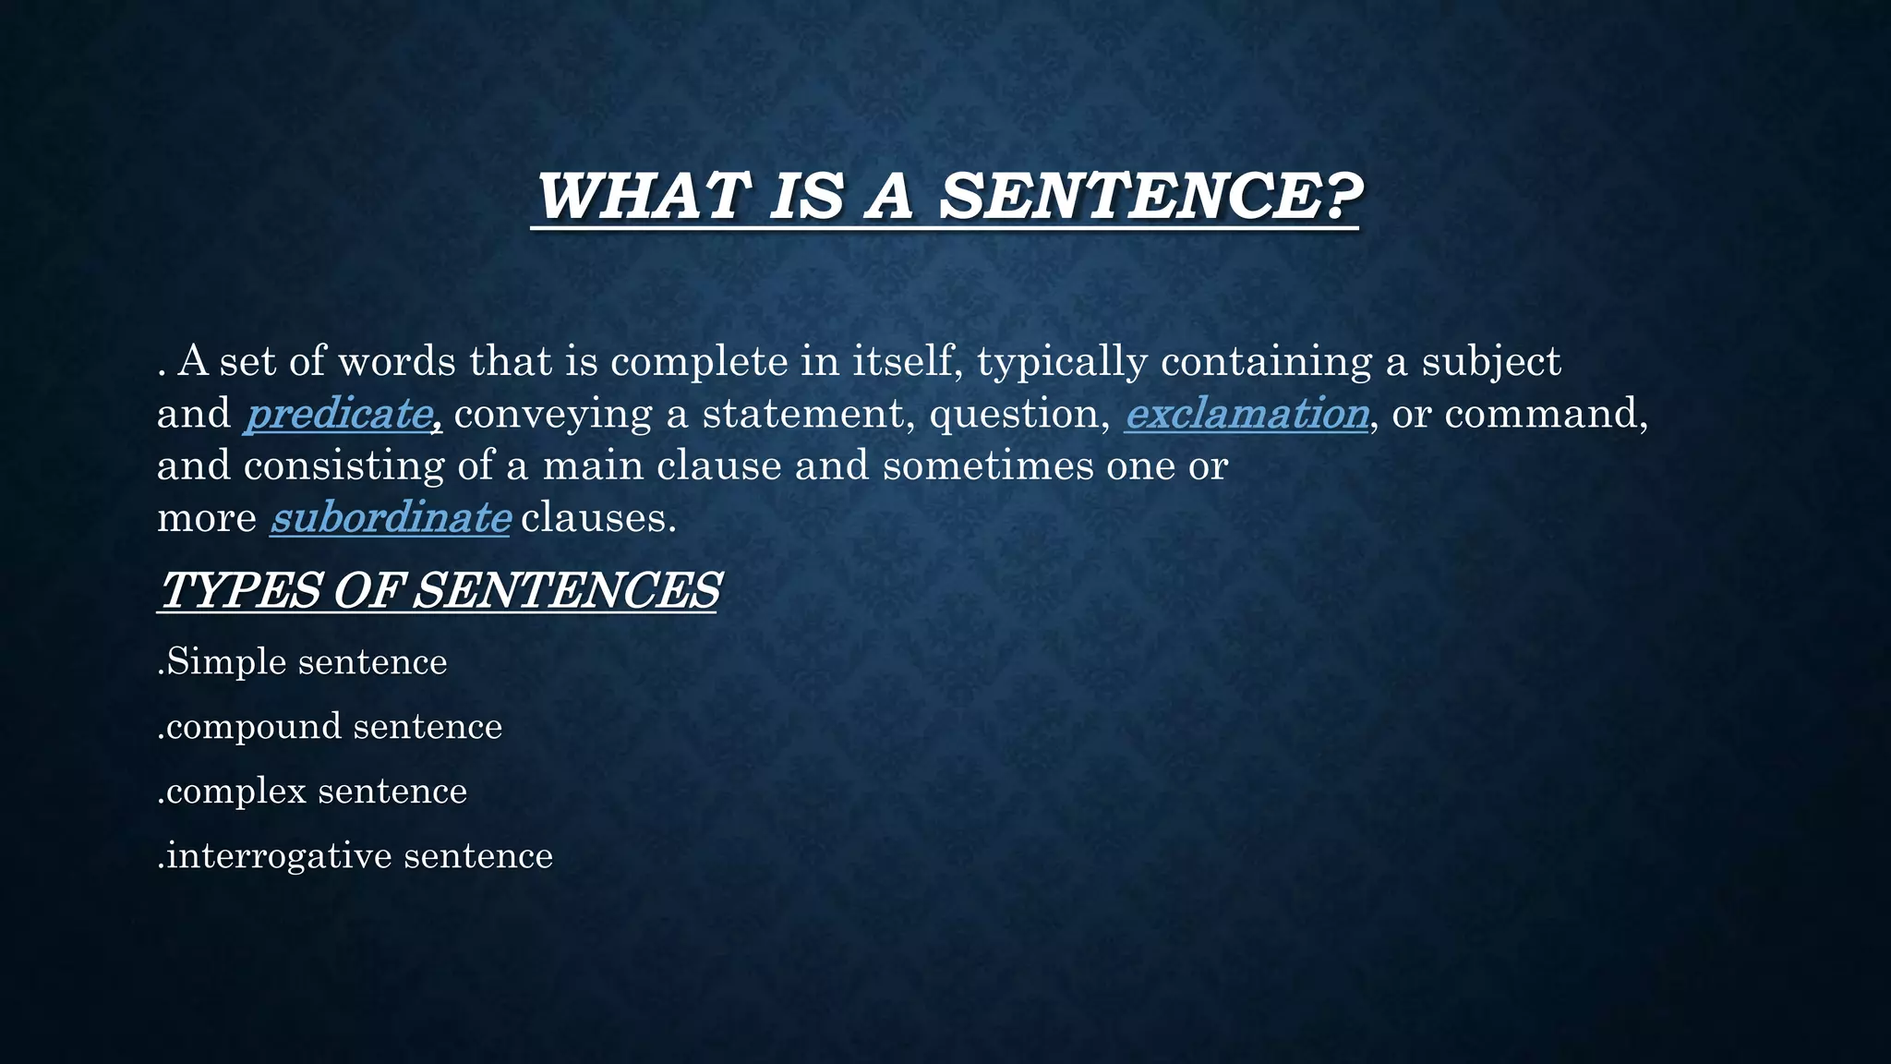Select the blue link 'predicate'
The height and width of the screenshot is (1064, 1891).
click(339, 414)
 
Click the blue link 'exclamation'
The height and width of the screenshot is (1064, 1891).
click(1247, 414)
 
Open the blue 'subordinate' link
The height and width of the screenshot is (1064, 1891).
click(390, 518)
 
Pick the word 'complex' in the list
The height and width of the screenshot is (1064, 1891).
click(236, 792)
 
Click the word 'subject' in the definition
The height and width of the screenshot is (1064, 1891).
click(1491, 362)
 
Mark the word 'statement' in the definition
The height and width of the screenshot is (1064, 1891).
click(809, 414)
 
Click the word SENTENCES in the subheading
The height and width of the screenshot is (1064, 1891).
click(565, 590)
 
